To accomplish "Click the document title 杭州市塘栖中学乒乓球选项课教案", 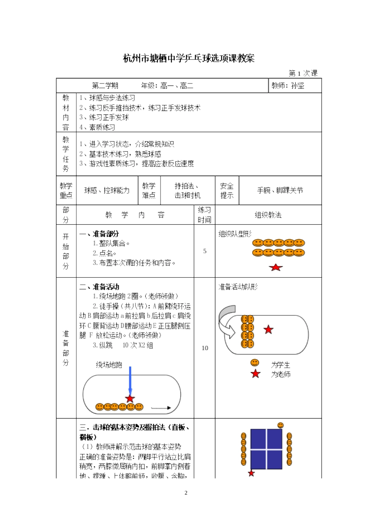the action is [x=189, y=58].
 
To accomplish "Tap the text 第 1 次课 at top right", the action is [x=303, y=73].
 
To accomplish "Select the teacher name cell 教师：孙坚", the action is [x=288, y=85].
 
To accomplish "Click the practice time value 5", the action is [x=204, y=251].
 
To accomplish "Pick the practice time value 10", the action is [x=204, y=348].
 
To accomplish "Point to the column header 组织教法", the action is [x=268, y=215].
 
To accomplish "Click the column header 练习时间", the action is [x=204, y=215].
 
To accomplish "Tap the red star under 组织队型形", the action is [x=276, y=267].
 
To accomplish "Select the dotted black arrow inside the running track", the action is [x=161, y=408].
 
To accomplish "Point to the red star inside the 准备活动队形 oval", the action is [x=268, y=329].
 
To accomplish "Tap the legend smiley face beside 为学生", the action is [x=255, y=363].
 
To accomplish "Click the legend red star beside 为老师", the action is [x=255, y=374].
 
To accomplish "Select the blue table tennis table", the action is [x=266, y=449].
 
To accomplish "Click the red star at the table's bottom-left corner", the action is [x=251, y=473].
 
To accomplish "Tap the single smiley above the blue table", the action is [x=280, y=425].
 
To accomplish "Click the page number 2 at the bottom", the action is [x=186, y=493].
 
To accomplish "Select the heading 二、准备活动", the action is [x=99, y=287].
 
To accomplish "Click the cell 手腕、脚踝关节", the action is [x=280, y=190].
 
